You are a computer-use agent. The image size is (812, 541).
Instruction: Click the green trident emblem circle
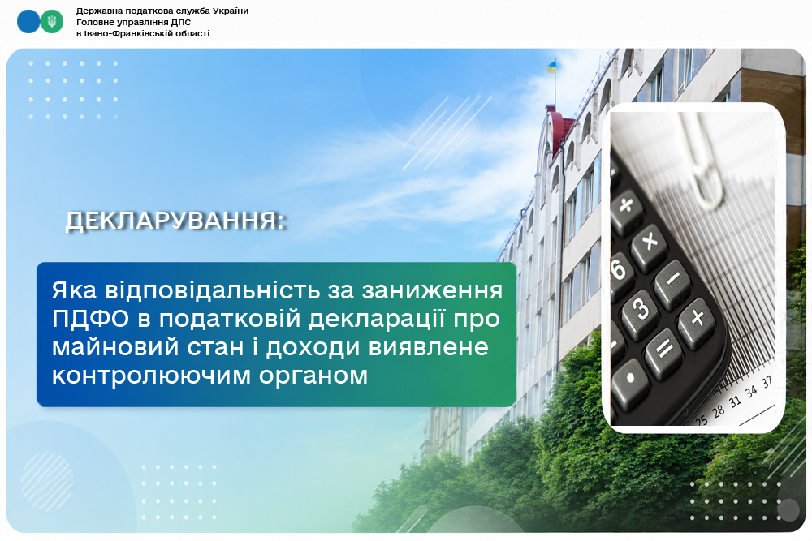pos(52,22)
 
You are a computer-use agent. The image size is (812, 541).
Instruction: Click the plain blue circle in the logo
pos(28,22)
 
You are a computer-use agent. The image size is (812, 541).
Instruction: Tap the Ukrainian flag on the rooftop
pos(551,67)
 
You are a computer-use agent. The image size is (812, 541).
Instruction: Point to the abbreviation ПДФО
pos(90,319)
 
